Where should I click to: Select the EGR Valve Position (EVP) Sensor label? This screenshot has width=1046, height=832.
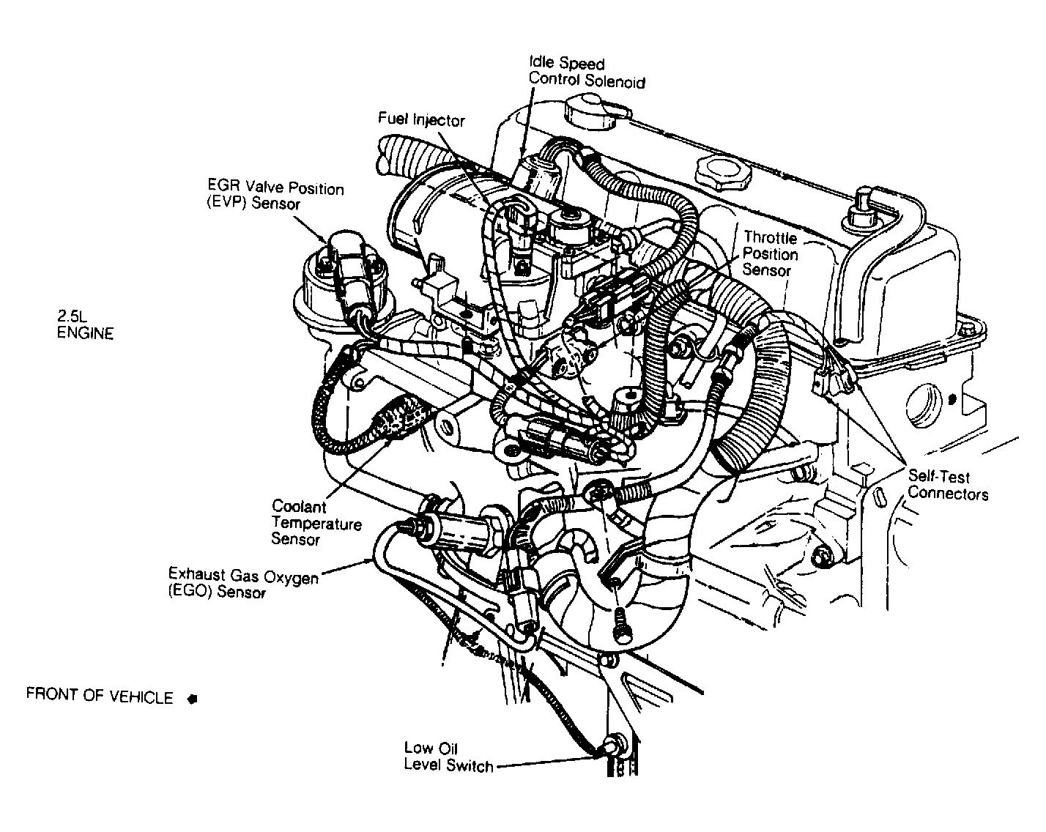(275, 196)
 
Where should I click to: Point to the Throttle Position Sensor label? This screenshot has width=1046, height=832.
(770, 253)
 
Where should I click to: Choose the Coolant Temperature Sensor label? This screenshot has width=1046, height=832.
(316, 523)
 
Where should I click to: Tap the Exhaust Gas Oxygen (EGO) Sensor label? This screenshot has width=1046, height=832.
(243, 584)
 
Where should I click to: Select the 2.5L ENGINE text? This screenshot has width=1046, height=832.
(86, 324)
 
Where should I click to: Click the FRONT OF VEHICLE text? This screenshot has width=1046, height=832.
(100, 696)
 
